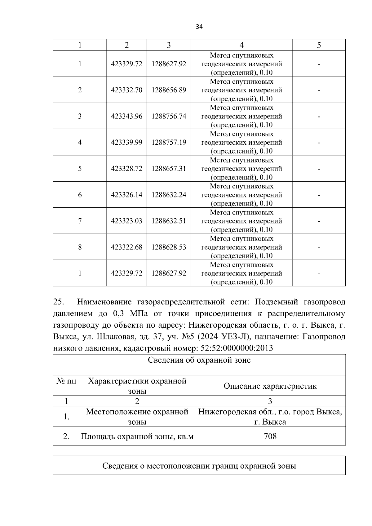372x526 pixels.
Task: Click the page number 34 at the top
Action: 199,27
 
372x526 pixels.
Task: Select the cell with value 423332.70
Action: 126,90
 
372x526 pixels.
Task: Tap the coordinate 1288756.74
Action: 169,116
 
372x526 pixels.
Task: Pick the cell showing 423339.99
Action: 126,142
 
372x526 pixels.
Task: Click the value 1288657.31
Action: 169,169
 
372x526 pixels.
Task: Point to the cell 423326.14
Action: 126,195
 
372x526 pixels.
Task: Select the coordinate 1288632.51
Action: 169,221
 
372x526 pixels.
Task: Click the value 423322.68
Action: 126,247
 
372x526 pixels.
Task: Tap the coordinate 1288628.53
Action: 169,247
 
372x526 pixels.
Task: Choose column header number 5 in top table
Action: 319,45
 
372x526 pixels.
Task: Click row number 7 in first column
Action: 80,221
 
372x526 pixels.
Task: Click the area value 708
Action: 270,436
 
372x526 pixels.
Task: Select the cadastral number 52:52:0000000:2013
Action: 237,348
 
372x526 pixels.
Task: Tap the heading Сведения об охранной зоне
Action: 199,360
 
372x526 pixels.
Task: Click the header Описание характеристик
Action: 270,386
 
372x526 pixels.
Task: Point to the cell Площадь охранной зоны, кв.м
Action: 137,436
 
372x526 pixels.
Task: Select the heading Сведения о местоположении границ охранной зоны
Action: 199,466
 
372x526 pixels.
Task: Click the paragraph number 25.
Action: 58,302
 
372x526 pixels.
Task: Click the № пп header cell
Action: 66,381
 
